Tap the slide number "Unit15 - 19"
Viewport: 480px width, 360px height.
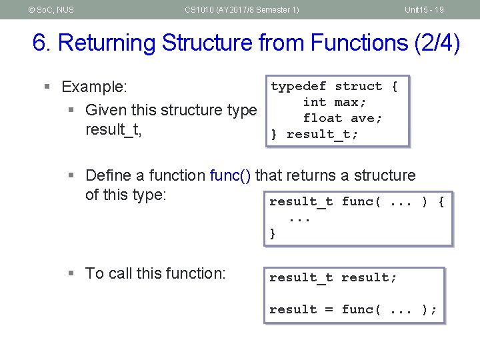[x=424, y=9]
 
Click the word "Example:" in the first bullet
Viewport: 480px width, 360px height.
[x=94, y=87]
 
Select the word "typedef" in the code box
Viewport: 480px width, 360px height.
[x=298, y=86]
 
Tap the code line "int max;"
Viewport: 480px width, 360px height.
[x=335, y=102]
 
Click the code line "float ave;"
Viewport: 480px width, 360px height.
[x=343, y=118]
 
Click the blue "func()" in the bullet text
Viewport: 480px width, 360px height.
[x=231, y=175]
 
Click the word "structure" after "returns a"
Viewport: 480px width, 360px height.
[x=384, y=175]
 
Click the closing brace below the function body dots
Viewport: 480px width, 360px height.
[x=273, y=233]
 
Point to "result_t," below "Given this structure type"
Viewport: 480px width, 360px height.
[x=113, y=129]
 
